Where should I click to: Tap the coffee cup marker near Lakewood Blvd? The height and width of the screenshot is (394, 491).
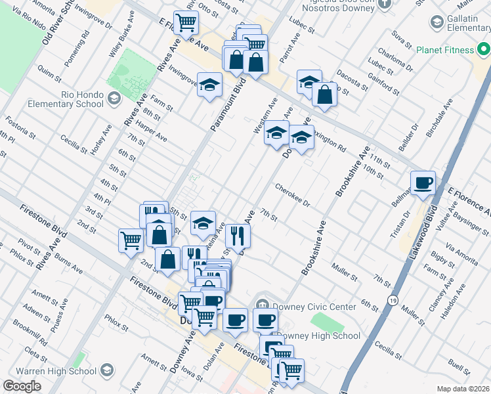coord(423,182)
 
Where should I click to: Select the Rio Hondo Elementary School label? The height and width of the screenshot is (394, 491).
coord(65,98)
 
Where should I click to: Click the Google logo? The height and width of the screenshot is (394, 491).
coord(22,386)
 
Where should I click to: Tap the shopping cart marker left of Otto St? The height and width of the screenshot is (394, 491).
coord(186,23)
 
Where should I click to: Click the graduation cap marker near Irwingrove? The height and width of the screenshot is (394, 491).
coord(210,85)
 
